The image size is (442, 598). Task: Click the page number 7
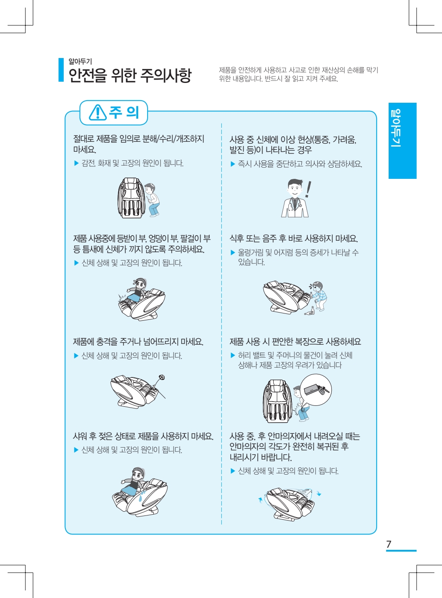coord(389,544)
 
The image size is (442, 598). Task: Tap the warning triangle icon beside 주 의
coord(98,113)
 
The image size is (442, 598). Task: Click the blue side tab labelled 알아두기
coord(402,141)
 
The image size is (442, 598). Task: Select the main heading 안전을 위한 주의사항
coord(130,75)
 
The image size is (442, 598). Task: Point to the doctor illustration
coord(294,198)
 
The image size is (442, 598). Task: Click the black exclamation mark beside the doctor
coord(308,189)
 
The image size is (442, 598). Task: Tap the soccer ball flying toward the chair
coord(162,377)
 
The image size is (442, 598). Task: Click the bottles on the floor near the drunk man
coord(310,311)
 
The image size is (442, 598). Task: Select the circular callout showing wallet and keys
coord(315,389)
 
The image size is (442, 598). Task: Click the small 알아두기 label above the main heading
coord(80,61)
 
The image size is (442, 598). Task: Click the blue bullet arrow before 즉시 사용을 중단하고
coord(233,164)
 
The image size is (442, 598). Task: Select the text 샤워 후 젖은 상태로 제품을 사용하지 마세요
coord(143,436)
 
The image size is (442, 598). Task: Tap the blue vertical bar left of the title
coord(61,70)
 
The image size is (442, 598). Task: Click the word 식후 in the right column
coord(236,238)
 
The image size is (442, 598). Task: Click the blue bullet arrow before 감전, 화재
coord(76,163)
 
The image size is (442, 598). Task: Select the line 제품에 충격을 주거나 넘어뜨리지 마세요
coord(138,342)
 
